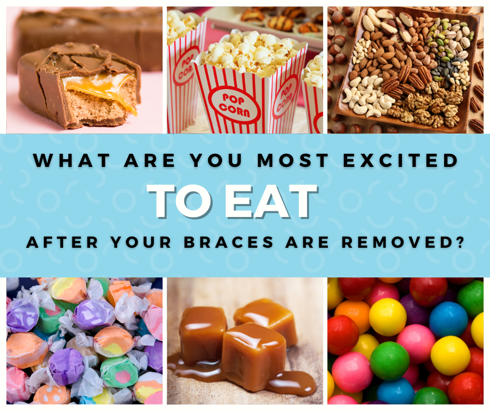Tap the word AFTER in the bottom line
coord(62,242)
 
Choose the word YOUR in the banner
coord(141,242)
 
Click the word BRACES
coord(229,242)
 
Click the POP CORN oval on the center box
coord(235,105)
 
